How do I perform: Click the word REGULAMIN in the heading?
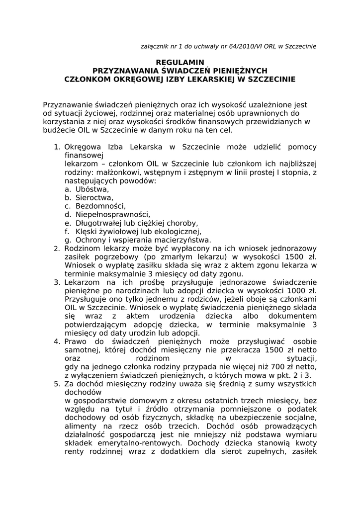[x=180, y=62]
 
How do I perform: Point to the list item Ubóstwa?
[x=92, y=189]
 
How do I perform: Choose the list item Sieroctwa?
[x=94, y=198]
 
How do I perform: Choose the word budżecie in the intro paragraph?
[x=58, y=130]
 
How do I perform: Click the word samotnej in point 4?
[x=82, y=350]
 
